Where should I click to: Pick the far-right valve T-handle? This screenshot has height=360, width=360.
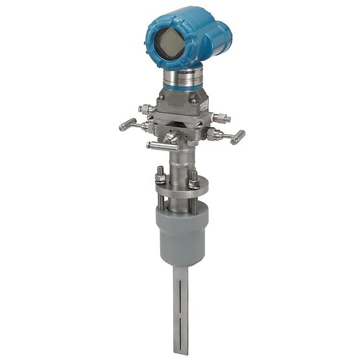tap(238, 137)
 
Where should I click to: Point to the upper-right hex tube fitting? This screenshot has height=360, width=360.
tap(221, 119)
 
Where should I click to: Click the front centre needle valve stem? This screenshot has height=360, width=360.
tap(170, 138)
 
